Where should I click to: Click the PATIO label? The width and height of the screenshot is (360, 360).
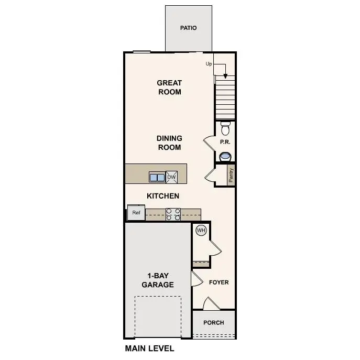(x=188, y=28)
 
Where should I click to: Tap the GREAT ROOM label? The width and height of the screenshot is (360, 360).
(x=169, y=88)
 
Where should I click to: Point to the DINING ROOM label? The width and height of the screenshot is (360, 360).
(x=169, y=143)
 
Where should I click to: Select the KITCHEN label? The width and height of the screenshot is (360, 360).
(x=163, y=196)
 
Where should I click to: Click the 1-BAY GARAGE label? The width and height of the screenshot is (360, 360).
(x=157, y=280)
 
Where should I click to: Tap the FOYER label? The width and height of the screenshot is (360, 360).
(x=219, y=282)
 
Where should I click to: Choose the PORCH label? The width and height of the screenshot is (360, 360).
(x=213, y=323)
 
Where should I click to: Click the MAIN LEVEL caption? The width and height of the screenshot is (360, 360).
(x=149, y=348)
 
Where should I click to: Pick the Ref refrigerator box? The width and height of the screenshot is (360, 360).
(x=136, y=213)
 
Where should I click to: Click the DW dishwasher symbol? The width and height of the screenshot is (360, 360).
(x=172, y=177)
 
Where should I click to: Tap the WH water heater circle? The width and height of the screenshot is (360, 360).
(x=201, y=230)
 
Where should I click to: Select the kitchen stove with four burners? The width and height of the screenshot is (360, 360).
(x=173, y=214)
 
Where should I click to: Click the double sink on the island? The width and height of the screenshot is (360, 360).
(x=157, y=177)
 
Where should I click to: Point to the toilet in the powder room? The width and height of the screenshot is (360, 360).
(x=225, y=128)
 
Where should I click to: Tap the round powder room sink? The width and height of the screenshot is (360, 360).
(x=225, y=156)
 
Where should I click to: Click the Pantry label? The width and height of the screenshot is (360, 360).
(x=231, y=175)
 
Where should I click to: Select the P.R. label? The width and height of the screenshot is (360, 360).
(x=225, y=142)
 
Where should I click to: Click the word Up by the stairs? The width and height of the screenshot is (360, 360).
(x=209, y=64)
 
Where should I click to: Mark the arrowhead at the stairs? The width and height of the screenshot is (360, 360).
(x=225, y=75)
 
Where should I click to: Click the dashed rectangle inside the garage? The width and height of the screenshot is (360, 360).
(x=158, y=317)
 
